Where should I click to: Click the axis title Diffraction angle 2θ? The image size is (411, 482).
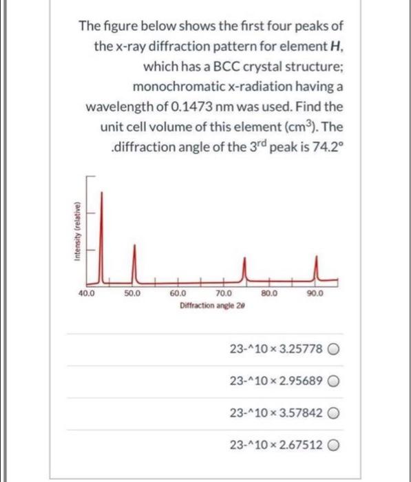point(206,304)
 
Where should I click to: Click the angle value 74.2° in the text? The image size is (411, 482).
point(324,148)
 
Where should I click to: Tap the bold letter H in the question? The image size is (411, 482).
point(339,48)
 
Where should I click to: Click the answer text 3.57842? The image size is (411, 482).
point(296,412)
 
